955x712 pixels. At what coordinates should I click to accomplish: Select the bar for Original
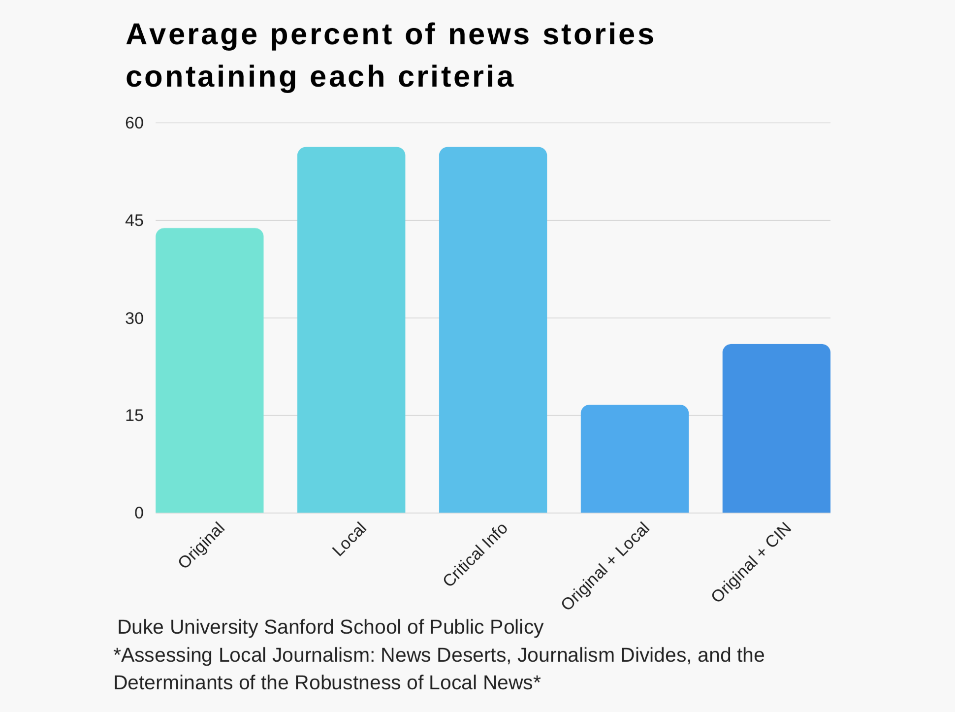point(209,370)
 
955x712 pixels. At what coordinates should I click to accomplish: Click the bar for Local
point(351,330)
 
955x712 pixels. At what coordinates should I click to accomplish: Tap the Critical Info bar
point(493,330)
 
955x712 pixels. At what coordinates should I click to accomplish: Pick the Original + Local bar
point(635,459)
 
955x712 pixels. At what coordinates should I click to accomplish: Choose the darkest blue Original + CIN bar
point(776,428)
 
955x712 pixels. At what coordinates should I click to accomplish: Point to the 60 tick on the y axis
point(134,123)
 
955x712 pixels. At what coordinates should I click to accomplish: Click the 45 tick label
point(134,221)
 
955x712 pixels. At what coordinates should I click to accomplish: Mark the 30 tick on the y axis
point(134,319)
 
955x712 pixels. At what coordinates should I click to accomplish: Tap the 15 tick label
point(134,416)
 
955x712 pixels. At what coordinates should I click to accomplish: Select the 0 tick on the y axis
point(139,513)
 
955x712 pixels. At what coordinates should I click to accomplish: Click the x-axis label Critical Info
point(475,555)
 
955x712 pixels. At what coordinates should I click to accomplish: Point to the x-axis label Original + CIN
point(752,562)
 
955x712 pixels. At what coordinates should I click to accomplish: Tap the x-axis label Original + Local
point(605,566)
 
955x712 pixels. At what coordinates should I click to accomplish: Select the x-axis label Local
point(350,539)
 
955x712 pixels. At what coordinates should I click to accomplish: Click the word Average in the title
point(192,34)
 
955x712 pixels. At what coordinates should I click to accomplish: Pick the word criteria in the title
point(456,77)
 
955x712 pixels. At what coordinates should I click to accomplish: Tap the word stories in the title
point(599,34)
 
